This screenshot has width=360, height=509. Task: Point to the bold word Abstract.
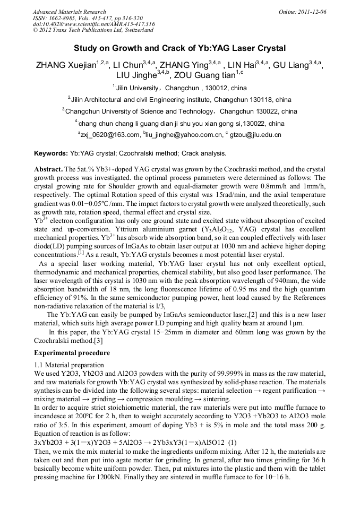click(48, 168)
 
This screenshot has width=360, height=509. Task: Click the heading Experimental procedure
click(72, 352)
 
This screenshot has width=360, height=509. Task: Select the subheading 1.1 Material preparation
click(69, 365)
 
